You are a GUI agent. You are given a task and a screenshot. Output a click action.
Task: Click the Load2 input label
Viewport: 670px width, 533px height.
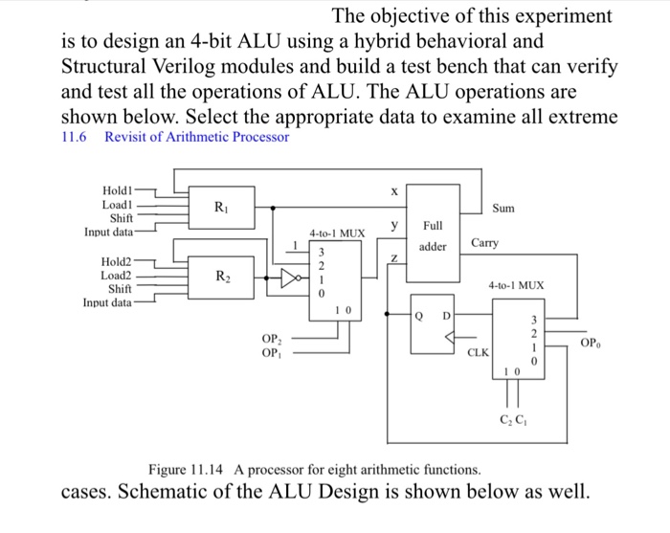coord(117,274)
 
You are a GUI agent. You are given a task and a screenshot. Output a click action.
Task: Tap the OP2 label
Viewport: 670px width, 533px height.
coord(271,337)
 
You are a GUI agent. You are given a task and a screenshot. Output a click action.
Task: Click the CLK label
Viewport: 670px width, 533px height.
coord(477,352)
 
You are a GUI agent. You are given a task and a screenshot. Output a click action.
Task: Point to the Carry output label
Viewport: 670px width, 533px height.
coord(484,244)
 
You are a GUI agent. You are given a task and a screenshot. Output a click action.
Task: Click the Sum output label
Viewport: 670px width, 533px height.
coord(504,207)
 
